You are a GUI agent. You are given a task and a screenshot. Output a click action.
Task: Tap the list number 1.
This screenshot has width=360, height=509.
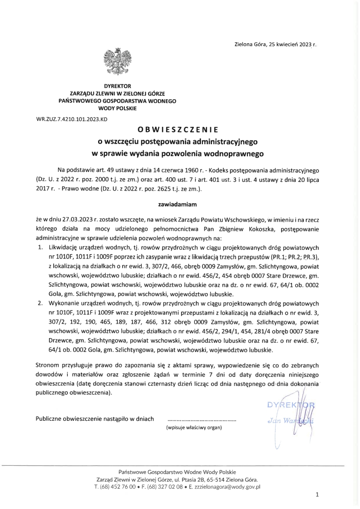coord(41,246)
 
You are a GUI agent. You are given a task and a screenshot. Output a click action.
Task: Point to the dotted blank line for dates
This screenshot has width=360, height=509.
coord(202,419)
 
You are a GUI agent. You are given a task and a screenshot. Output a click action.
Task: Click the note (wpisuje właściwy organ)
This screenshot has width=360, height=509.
coord(194,428)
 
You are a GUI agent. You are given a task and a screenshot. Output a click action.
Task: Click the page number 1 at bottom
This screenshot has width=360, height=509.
coord(318,495)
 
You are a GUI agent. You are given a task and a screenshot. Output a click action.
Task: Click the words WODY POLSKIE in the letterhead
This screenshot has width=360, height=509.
coord(117,109)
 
